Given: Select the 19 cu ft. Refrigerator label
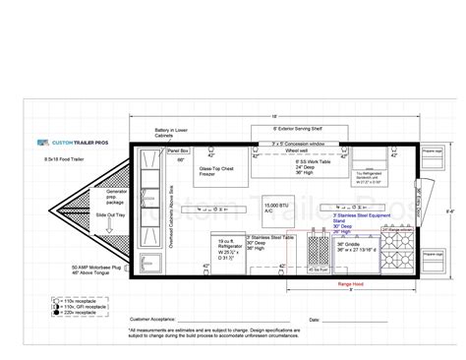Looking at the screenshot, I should coord(227,246).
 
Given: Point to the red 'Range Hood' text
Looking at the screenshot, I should coord(351,282).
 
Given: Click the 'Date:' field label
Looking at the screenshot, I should coord(314,320).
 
